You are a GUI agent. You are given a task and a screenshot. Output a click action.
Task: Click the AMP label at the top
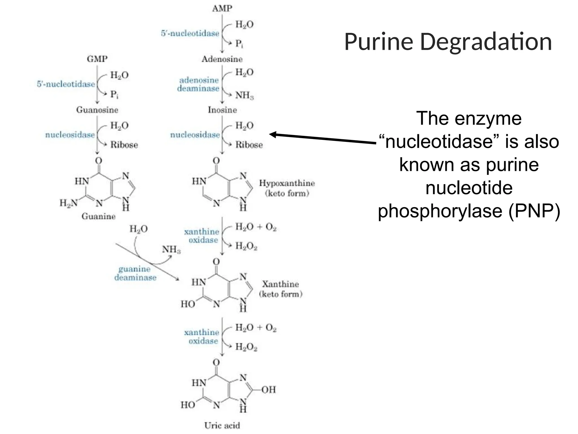click(x=222, y=8)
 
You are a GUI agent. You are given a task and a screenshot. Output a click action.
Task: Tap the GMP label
click(x=97, y=59)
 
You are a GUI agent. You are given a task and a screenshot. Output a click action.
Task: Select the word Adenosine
click(x=222, y=59)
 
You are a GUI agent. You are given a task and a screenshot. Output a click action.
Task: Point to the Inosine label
click(x=222, y=110)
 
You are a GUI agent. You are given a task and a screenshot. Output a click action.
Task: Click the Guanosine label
click(x=97, y=110)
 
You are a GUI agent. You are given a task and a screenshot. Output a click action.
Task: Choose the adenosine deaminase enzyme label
click(x=198, y=84)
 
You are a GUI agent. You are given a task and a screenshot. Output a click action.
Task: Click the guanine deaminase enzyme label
click(x=135, y=273)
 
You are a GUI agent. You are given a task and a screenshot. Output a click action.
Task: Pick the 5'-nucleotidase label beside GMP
click(x=66, y=84)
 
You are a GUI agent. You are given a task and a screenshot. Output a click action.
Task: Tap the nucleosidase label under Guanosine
click(x=70, y=135)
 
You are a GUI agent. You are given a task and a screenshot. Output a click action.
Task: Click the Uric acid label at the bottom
click(x=222, y=425)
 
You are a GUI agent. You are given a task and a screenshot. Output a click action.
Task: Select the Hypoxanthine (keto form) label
click(x=287, y=188)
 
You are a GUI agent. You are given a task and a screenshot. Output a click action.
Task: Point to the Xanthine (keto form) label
click(x=281, y=289)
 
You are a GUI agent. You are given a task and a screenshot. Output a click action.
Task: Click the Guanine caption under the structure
click(x=98, y=216)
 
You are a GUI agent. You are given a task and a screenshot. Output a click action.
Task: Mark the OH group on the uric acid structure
click(x=268, y=390)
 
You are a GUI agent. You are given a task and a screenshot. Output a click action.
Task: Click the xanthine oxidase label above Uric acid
click(x=202, y=337)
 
